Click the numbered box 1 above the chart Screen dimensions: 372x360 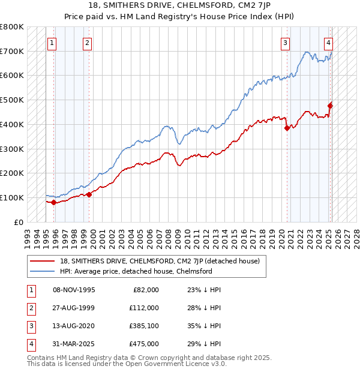coord(52,43)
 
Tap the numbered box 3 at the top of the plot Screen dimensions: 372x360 coord(285,43)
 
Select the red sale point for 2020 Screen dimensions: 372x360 coord(287,127)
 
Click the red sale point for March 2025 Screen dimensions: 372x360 coord(330,106)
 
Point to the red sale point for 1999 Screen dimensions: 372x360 coord(89,194)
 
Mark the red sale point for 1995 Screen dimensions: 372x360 coord(53,202)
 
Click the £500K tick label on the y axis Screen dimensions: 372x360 coord(12,100)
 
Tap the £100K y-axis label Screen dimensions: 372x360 coord(12,197)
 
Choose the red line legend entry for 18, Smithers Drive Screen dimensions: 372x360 coord(159,261)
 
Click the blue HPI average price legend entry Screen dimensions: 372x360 coord(136,271)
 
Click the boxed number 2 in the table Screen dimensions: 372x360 coord(29,308)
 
